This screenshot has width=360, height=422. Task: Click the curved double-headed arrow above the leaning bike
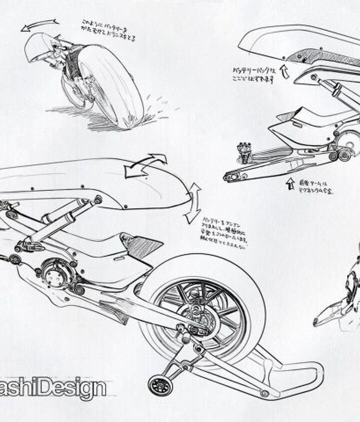coord(39,24)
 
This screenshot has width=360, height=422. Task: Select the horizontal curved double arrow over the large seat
coord(145,165)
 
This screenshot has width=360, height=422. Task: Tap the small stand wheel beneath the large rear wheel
coord(160,386)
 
